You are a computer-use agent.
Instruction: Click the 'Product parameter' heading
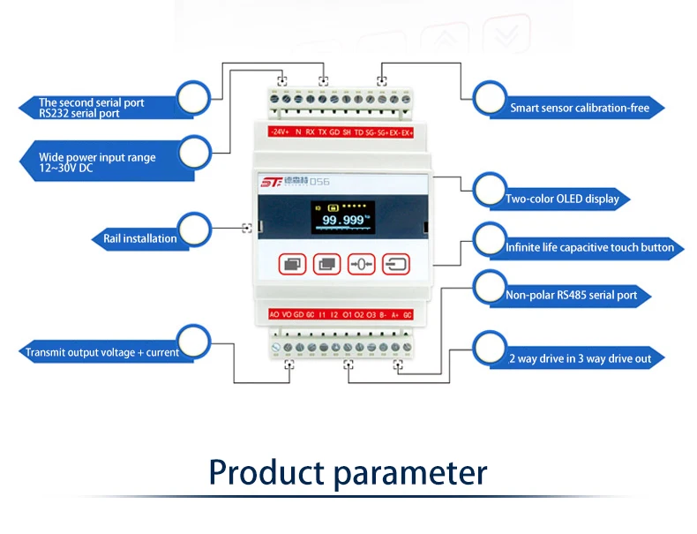[348, 472]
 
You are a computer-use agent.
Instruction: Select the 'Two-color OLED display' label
[562, 199]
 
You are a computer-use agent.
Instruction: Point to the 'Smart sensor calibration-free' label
[579, 109]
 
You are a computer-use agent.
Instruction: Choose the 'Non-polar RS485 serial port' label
[571, 295]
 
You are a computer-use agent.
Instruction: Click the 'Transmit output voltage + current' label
[102, 352]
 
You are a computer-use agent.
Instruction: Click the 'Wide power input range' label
[97, 162]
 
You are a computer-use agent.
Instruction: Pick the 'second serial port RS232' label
[92, 108]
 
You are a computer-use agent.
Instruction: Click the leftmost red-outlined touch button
[292, 263]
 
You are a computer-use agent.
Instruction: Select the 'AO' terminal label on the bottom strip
[274, 314]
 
